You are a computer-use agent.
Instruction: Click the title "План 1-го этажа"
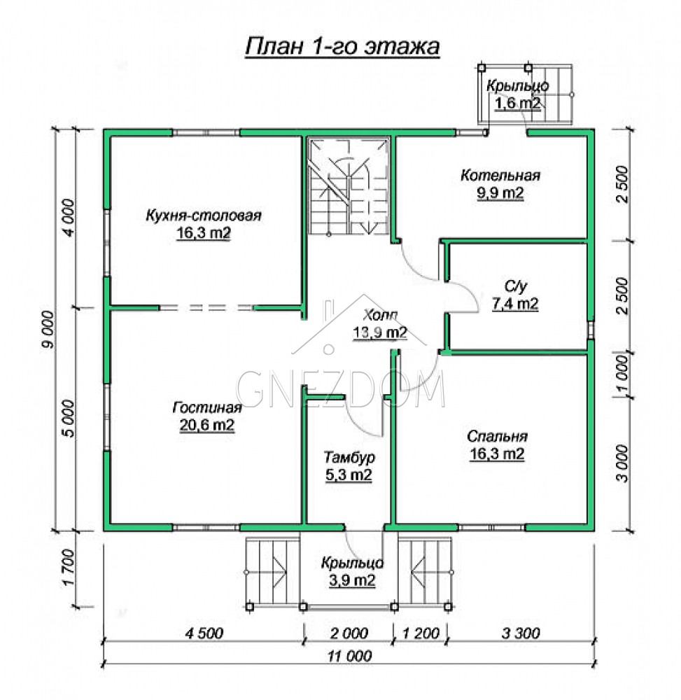tap(342, 46)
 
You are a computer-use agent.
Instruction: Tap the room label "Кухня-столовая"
tap(204, 216)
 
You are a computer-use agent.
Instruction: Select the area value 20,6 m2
tap(207, 425)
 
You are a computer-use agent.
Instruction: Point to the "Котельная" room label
tap(500, 176)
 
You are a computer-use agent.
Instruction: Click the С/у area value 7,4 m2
tap(515, 304)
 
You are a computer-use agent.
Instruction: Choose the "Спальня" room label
tap(497, 436)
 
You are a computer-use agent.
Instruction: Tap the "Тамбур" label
tap(349, 458)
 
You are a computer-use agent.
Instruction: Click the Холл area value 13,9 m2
tap(380, 332)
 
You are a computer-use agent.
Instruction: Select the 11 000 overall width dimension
tap(349, 656)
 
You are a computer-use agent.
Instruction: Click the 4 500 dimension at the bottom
tap(204, 633)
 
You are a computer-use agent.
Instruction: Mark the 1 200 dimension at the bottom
tap(421, 633)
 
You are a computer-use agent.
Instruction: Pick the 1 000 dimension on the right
tap(623, 374)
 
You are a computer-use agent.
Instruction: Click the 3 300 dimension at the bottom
tap(521, 633)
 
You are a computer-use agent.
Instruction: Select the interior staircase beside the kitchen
tap(348, 186)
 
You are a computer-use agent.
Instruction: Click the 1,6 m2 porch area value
tap(517, 103)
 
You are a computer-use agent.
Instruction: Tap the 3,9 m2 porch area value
tap(352, 580)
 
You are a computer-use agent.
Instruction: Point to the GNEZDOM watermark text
tap(340, 388)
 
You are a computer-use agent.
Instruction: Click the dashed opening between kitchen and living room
tap(206, 307)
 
